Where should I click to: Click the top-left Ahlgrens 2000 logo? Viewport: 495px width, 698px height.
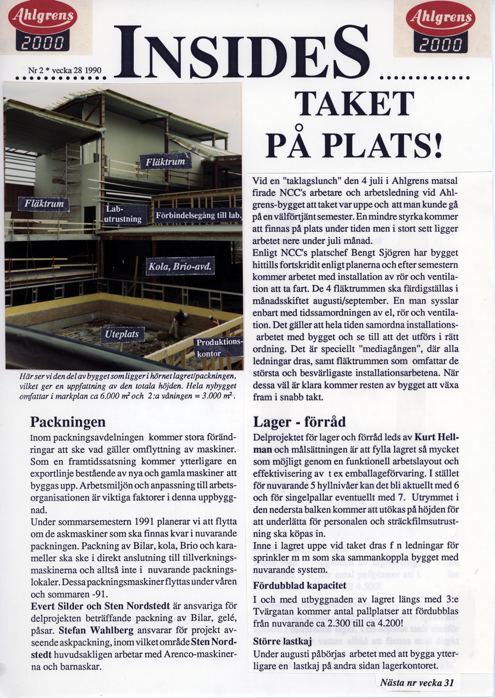tap(42, 27)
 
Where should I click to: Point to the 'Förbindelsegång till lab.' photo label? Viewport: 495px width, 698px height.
tap(198, 216)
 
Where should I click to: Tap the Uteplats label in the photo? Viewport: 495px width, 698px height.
tap(122, 335)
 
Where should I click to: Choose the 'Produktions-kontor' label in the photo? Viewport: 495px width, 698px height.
tap(218, 348)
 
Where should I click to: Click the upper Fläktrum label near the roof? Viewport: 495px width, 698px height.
tap(165, 161)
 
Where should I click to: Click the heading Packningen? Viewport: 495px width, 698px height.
tap(67, 422)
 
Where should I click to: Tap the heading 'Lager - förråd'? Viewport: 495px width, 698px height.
tap(299, 422)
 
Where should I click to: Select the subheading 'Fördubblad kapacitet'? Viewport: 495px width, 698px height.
tap(300, 585)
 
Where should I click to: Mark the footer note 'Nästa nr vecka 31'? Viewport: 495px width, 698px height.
tap(416, 682)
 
